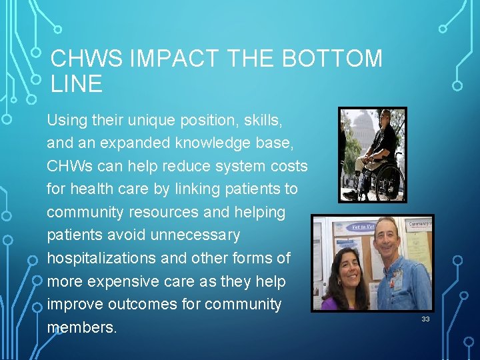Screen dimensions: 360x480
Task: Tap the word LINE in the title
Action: coord(76,84)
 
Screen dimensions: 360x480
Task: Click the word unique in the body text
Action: coord(141,121)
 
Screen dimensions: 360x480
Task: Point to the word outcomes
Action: coord(141,305)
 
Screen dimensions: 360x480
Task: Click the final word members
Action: coord(81,328)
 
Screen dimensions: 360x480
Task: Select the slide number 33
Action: coord(425,320)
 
